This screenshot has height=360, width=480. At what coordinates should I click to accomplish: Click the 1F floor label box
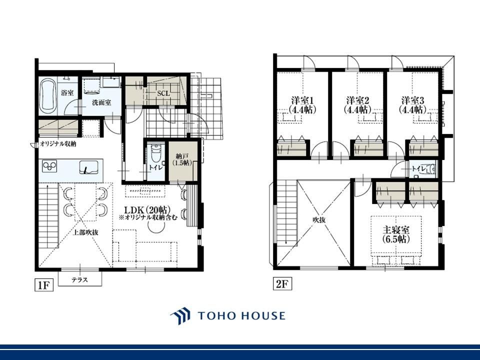(44, 285)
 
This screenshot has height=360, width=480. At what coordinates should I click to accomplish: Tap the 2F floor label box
(282, 284)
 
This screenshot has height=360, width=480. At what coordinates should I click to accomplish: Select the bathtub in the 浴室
(48, 94)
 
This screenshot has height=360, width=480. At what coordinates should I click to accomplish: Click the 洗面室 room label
(101, 102)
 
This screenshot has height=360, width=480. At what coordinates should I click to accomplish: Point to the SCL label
(163, 93)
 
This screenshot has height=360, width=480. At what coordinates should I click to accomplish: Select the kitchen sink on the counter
(89, 167)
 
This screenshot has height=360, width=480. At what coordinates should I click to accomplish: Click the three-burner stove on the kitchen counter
(50, 166)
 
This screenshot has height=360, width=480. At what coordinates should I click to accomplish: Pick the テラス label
(80, 279)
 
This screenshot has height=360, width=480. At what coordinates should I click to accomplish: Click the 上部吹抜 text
(85, 232)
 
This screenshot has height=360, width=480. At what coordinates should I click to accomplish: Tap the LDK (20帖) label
(146, 210)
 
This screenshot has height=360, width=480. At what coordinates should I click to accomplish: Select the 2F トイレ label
(418, 168)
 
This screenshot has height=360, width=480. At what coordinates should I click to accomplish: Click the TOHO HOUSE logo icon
(180, 316)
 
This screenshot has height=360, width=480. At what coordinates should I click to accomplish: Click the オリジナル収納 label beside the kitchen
(58, 144)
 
